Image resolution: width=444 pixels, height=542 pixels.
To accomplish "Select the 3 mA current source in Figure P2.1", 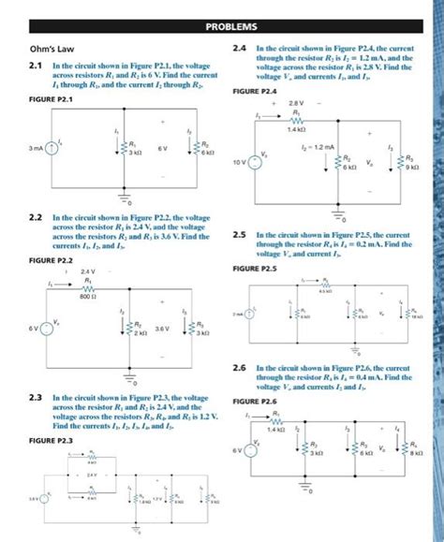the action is click(48, 148).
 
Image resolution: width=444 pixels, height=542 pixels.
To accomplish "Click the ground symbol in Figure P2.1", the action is click(123, 197).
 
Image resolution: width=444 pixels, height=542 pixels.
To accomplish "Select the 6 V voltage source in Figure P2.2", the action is click(46, 328).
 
